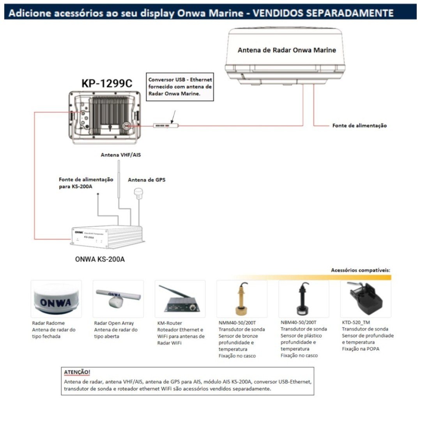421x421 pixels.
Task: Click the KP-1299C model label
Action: (107, 83)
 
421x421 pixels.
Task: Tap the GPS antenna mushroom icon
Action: (138, 192)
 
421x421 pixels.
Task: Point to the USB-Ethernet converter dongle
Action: (166, 126)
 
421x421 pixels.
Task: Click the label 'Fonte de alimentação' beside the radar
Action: (359, 126)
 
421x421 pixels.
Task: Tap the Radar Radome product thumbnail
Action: (56, 299)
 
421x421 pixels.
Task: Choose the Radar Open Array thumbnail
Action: (118, 299)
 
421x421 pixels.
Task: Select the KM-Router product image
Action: (180, 299)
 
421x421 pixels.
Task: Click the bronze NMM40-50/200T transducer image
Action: (242, 299)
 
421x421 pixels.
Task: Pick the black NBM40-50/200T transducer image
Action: (303, 299)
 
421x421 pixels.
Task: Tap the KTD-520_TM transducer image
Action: (365, 299)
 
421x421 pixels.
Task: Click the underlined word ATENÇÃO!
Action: (77, 372)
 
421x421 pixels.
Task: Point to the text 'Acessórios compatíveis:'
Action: (360, 270)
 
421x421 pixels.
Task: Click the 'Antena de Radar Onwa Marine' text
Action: (287, 50)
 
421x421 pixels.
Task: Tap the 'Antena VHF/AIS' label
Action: (121, 155)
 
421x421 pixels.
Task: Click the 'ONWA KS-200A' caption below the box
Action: (100, 259)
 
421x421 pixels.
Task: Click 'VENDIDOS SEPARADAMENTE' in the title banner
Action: (323, 13)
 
